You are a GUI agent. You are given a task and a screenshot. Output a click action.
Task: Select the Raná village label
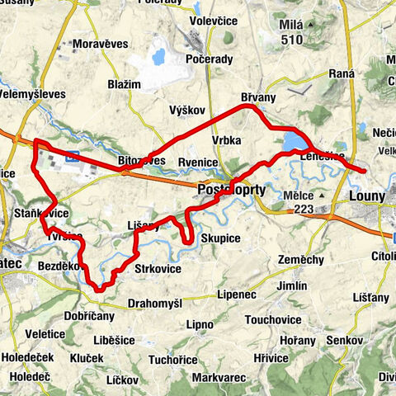coord(341,74)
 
